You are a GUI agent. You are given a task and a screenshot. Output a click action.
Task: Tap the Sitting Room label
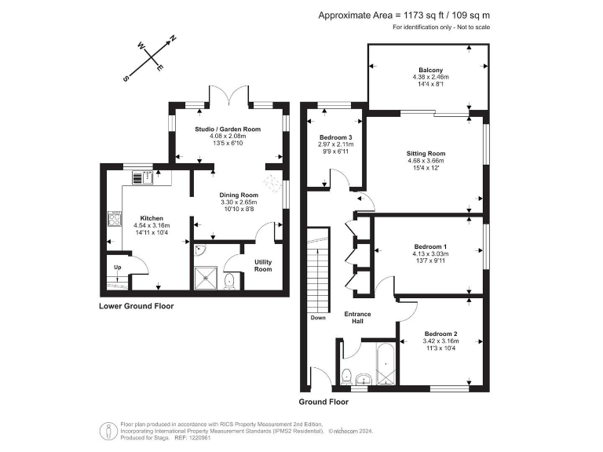click(x=426, y=153)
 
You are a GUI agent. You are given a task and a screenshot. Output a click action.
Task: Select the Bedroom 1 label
click(x=429, y=246)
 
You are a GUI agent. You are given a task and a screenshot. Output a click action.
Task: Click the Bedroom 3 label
click(x=334, y=137)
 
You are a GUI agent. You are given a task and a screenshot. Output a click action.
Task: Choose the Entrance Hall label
click(x=358, y=318)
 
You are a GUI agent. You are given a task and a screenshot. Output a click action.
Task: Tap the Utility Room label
click(x=263, y=264)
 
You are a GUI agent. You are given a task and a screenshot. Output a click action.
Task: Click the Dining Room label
click(x=239, y=195)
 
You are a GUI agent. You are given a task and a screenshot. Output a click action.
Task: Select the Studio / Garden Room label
click(x=228, y=129)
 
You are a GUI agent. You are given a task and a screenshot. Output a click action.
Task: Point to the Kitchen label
click(x=152, y=217)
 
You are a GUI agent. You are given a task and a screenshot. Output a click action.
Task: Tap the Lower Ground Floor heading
click(x=137, y=306)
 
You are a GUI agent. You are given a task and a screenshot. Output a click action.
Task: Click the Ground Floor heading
click(x=323, y=401)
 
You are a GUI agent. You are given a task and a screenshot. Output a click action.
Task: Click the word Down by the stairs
click(x=317, y=318)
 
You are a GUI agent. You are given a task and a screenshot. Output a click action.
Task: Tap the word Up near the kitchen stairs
click(x=118, y=267)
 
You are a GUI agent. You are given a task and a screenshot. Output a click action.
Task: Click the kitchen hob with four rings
click(x=113, y=217)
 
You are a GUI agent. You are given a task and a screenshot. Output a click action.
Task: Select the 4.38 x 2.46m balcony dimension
click(x=429, y=77)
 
